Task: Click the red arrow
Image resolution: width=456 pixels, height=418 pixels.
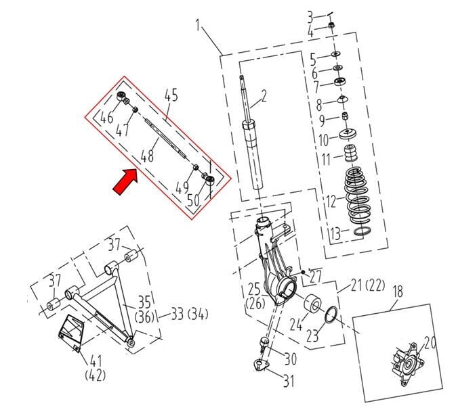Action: click(x=124, y=181)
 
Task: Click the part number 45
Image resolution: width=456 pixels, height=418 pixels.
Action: click(x=169, y=95)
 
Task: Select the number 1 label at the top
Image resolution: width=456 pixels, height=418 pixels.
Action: click(x=199, y=28)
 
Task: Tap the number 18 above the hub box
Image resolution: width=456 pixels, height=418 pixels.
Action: click(x=398, y=292)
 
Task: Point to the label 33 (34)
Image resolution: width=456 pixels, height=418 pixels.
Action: click(x=189, y=314)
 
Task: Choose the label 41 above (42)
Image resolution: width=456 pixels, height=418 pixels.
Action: click(x=96, y=361)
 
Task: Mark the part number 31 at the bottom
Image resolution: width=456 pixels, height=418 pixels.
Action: click(x=289, y=381)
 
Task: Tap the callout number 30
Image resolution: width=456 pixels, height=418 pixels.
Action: click(x=290, y=358)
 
